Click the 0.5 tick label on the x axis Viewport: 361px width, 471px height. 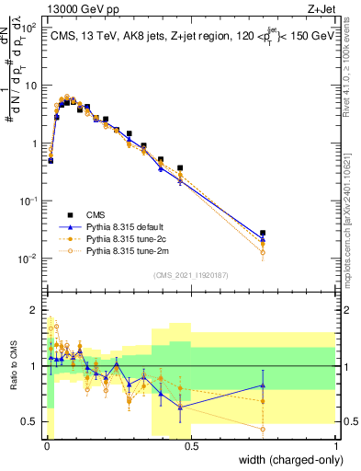(x=192, y=445)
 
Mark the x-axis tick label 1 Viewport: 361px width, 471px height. (x=336, y=445)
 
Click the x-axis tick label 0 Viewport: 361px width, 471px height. (x=47, y=445)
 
